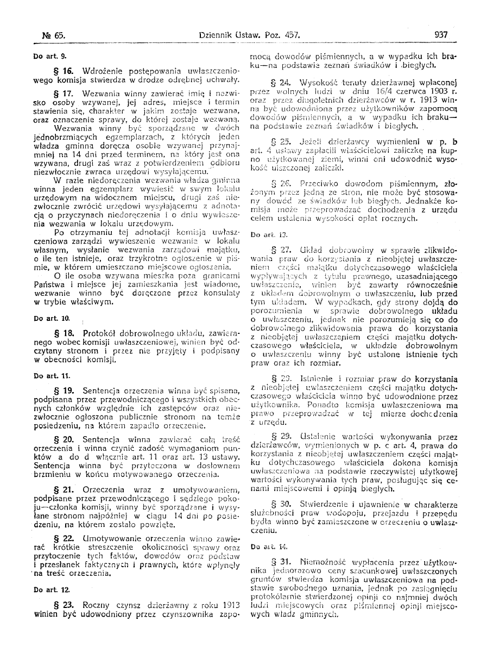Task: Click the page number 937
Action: [441, 34]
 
